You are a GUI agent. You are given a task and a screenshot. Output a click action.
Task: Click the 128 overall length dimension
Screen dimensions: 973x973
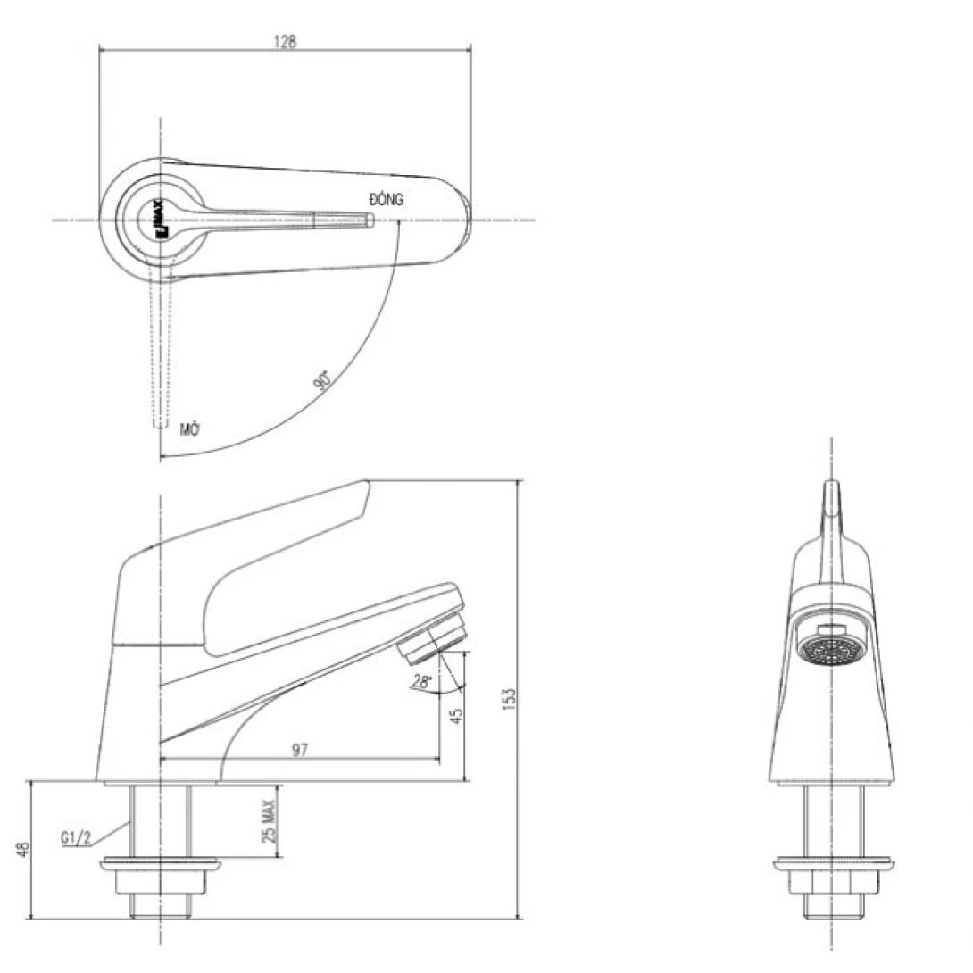click(x=286, y=41)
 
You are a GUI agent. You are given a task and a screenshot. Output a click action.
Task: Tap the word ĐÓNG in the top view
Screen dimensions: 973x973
click(x=386, y=200)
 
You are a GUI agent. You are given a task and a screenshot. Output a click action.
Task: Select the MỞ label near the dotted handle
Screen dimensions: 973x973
click(x=189, y=430)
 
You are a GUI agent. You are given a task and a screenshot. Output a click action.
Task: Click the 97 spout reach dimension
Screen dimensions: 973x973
click(x=299, y=750)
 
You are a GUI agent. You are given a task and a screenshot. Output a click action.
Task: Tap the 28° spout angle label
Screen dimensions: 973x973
click(x=421, y=683)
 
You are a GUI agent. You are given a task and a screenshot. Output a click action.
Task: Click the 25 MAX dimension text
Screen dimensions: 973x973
click(x=268, y=822)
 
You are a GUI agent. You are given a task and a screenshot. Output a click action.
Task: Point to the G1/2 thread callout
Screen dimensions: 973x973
click(x=76, y=837)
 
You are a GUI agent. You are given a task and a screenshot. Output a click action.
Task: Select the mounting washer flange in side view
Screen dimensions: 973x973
click(x=161, y=863)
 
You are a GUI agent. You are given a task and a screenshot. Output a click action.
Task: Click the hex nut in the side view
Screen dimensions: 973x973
click(x=161, y=883)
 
